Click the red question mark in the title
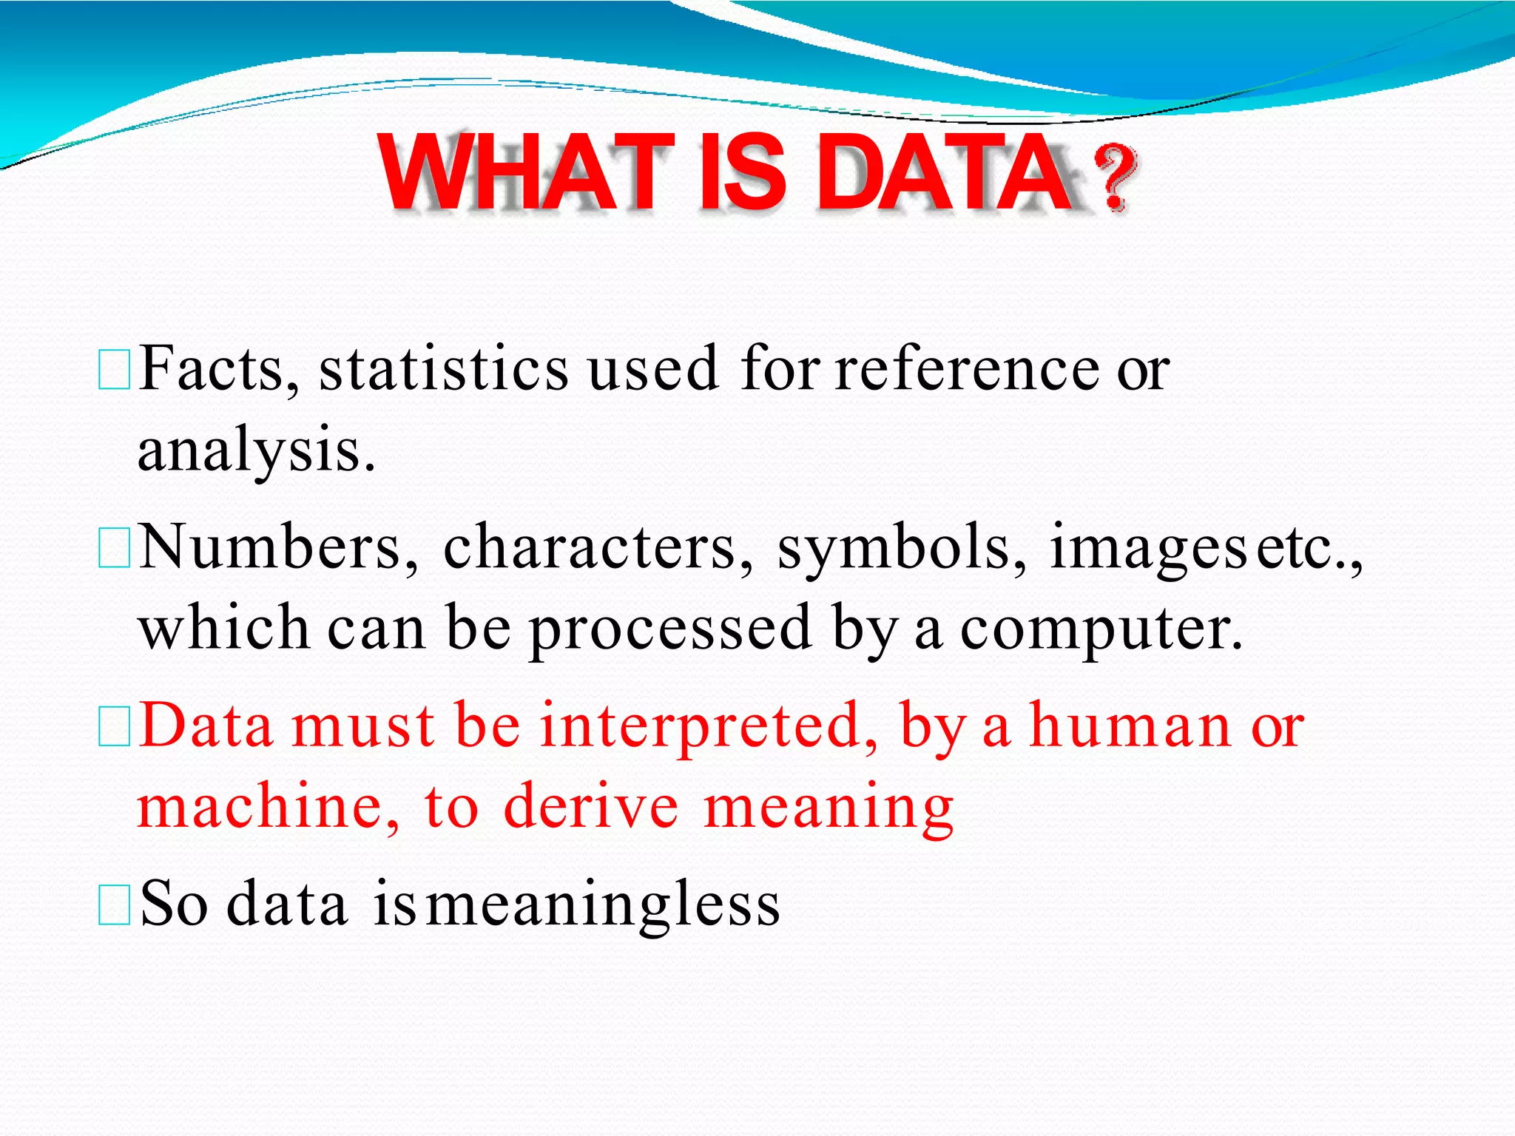[x=1114, y=177]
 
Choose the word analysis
[x=256, y=451]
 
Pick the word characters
[x=598, y=547]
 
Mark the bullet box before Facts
[x=114, y=371]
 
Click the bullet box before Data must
[x=114, y=726]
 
